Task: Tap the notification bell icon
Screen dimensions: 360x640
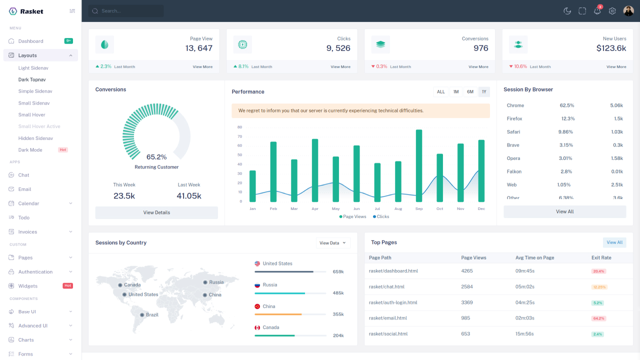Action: pyautogui.click(x=597, y=11)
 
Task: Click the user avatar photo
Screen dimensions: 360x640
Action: pyautogui.click(x=628, y=11)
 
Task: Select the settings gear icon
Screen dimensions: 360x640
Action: pyautogui.click(x=612, y=11)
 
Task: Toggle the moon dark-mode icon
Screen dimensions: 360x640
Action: pyautogui.click(x=567, y=11)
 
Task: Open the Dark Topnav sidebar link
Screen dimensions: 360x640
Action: pyautogui.click(x=32, y=79)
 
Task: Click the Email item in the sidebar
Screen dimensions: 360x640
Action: pyautogui.click(x=24, y=189)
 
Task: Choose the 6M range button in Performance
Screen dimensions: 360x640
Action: pyautogui.click(x=470, y=91)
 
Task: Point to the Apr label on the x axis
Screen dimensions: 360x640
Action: pyautogui.click(x=315, y=208)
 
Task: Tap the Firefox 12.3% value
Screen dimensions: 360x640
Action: pyautogui.click(x=568, y=119)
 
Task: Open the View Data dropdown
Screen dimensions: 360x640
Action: pyautogui.click(x=333, y=243)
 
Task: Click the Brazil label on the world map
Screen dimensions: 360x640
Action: pyautogui.click(x=152, y=315)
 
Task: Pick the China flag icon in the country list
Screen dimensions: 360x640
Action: pyautogui.click(x=257, y=306)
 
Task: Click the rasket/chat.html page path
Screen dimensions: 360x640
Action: pyautogui.click(x=386, y=287)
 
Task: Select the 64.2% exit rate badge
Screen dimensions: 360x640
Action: pyautogui.click(x=598, y=318)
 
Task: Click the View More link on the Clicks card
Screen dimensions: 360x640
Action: pyautogui.click(x=340, y=66)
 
